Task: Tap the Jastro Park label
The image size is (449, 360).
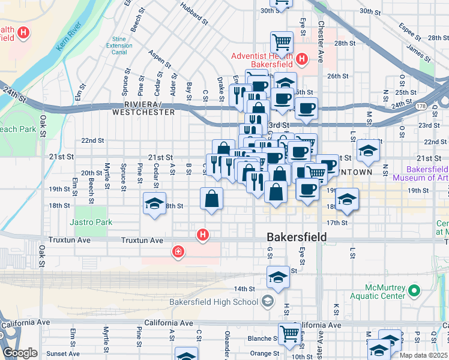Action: pos(91,222)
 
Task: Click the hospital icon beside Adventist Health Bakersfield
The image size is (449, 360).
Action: pos(302,59)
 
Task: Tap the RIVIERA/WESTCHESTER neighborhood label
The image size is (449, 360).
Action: pos(143,108)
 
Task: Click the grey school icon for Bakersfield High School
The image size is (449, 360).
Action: pos(267,301)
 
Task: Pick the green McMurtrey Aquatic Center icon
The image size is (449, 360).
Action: pos(414,292)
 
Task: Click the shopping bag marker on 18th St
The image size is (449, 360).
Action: pos(211,199)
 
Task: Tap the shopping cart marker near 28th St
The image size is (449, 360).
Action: pos(282,42)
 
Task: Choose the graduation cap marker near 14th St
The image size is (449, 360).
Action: pos(278,277)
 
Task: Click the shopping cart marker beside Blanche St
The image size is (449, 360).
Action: pos(289,332)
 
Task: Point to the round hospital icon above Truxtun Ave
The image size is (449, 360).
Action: pos(203,235)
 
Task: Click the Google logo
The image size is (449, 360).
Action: pos(20,353)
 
